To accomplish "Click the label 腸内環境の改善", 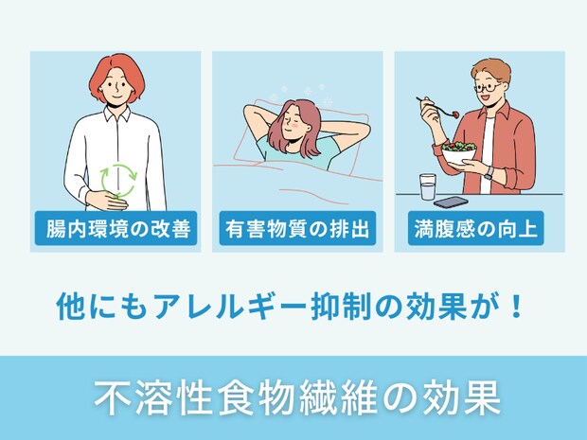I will pos(116,229).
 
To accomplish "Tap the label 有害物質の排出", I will pos(297,229).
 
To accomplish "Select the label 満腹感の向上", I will pos(478,229).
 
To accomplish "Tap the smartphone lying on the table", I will pos(451,201).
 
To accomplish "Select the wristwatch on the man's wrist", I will pos(488,173).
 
